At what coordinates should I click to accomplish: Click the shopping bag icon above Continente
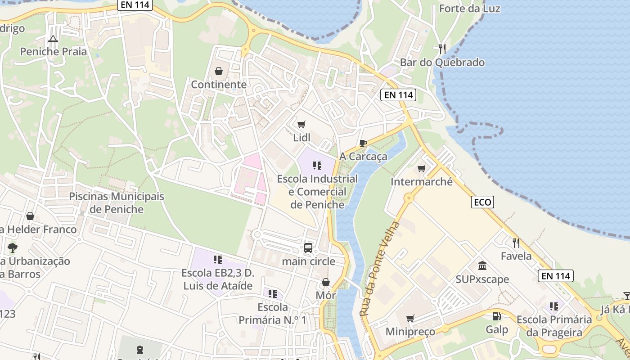point(219,71)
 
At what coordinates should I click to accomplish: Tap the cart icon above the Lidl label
point(301,124)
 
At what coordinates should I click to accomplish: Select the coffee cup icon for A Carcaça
point(363,144)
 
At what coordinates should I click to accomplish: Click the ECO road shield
point(483,202)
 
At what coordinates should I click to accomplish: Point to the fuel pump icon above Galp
point(496,316)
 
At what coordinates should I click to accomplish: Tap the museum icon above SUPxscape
point(482,265)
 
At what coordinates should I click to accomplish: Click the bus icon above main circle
point(308,247)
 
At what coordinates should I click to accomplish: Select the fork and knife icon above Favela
point(516,243)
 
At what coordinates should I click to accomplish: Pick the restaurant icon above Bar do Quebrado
point(442,49)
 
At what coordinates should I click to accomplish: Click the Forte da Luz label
point(469,9)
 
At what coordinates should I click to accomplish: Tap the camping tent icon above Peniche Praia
point(53,39)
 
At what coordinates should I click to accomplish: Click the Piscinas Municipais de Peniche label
point(117,203)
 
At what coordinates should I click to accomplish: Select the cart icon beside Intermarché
point(421,168)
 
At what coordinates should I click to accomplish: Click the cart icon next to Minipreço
point(410,318)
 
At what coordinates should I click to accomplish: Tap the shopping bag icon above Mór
point(326,282)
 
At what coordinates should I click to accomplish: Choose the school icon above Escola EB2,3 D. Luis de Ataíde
point(218,259)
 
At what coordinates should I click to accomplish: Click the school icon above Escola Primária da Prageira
point(554,306)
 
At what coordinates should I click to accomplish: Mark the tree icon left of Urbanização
point(13,247)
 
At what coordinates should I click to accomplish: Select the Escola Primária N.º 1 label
point(272,314)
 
